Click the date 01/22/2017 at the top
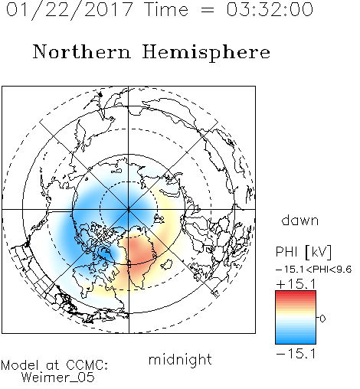click(70, 10)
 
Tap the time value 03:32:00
click(270, 9)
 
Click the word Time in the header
click(166, 9)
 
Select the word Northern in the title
click(82, 51)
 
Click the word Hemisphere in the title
click(206, 53)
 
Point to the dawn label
click(300, 220)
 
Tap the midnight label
click(180, 360)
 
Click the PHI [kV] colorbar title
click(303, 252)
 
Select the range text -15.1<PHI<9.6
click(314, 270)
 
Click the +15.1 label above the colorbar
click(296, 284)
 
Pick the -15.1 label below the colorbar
click(296, 354)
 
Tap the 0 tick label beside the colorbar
click(322, 319)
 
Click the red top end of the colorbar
click(296, 293)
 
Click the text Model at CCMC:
click(54, 365)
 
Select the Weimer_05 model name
click(58, 377)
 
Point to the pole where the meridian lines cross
click(129, 210)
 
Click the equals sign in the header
click(208, 10)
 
